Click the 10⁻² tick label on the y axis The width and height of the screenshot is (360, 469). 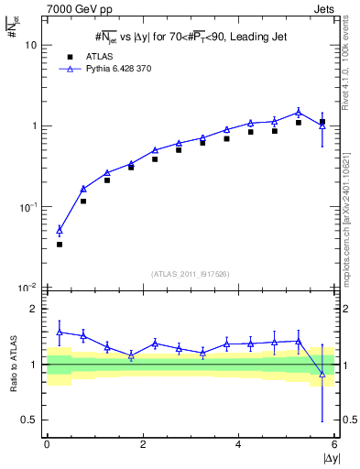coord(27,289)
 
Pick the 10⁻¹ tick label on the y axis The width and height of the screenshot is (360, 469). coord(27,208)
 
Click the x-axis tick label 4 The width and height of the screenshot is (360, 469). coord(238,444)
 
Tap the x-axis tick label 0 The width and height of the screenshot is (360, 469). coord(47,444)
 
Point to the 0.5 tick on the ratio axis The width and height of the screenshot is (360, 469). coord(30,420)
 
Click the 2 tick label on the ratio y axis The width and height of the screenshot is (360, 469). coord(34,309)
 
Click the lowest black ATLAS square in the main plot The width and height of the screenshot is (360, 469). coord(60,245)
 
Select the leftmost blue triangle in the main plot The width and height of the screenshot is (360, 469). coord(60,231)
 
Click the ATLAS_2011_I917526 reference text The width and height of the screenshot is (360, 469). coord(191,274)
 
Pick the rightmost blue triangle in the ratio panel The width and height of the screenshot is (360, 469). coord(322,373)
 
